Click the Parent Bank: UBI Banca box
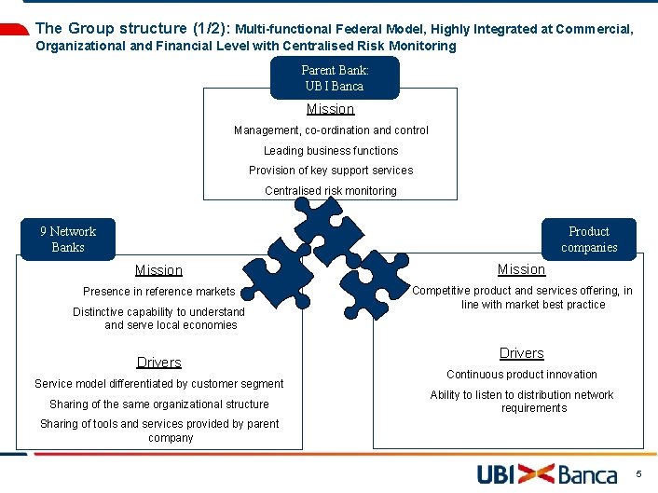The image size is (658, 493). coord(335,77)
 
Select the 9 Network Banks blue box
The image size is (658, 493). coord(68,240)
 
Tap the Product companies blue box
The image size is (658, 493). coord(589,240)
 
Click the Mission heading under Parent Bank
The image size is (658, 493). coord(331,109)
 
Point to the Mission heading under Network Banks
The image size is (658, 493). coord(158,270)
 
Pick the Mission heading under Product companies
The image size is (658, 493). coord(521,269)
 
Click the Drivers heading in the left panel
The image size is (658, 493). coord(158,363)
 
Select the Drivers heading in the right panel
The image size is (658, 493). coord(521,353)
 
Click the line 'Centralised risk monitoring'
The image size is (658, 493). coord(331,191)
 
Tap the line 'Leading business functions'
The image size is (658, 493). coord(331,151)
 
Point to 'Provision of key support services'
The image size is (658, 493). coord(331,171)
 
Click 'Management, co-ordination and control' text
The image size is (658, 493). coord(331,130)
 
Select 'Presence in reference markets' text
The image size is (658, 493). coord(158,292)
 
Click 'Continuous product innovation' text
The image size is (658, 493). coord(522,375)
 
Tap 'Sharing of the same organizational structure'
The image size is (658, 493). coord(158,404)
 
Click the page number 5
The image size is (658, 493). coord(638,474)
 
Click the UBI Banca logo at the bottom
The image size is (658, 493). coord(547,474)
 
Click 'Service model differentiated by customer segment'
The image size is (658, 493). coord(158,384)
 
